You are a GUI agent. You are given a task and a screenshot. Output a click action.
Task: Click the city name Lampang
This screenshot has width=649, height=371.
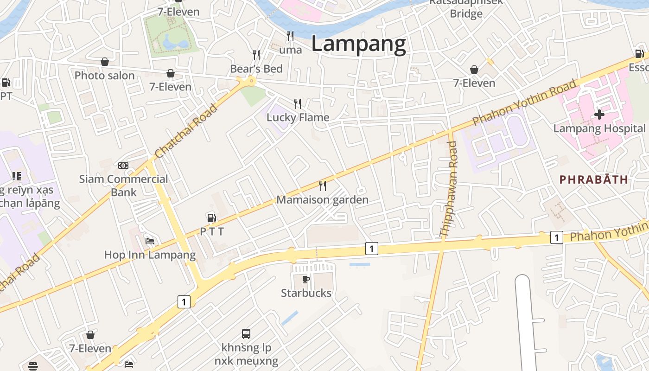tap(358, 44)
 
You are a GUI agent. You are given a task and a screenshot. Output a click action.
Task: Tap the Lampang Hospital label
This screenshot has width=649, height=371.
tap(599, 128)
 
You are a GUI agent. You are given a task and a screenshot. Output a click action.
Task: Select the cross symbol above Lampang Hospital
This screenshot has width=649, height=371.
tap(599, 114)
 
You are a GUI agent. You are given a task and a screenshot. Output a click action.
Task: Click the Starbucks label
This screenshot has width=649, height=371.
tap(306, 293)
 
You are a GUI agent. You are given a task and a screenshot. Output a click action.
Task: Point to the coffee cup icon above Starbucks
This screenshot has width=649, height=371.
tap(306, 279)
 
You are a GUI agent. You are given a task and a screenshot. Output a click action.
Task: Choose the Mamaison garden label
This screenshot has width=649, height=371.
tap(322, 200)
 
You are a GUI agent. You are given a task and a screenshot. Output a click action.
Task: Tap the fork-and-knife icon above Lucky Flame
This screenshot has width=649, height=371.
tap(298, 103)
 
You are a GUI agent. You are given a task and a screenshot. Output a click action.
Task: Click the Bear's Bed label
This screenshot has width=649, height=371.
tap(256, 69)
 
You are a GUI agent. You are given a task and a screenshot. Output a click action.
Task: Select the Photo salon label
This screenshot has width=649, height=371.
tap(105, 76)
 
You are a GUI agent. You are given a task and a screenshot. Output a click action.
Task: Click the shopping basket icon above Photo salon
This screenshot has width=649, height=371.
tap(105, 62)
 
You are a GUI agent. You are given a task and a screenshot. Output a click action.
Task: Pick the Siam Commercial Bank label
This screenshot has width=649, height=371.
tap(124, 185)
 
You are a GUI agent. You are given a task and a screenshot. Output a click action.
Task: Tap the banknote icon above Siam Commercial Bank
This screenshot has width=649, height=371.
tap(123, 165)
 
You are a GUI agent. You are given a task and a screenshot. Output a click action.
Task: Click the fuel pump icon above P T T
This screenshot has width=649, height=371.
tap(211, 217)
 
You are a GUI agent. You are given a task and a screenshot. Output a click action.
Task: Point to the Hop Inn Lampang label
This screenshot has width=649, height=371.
tap(150, 255)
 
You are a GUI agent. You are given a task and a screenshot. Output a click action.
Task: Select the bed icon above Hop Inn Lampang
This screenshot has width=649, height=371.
tap(150, 241)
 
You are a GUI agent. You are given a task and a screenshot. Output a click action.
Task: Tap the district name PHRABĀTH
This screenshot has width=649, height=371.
tap(594, 179)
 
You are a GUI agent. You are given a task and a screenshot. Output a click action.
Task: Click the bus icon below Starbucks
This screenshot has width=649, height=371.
tap(246, 333)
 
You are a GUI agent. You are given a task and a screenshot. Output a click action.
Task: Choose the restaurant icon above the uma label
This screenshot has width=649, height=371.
tap(290, 36)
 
